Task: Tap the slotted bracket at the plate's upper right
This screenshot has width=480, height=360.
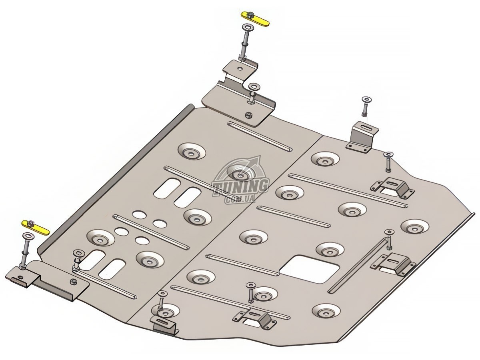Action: click(362, 138)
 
